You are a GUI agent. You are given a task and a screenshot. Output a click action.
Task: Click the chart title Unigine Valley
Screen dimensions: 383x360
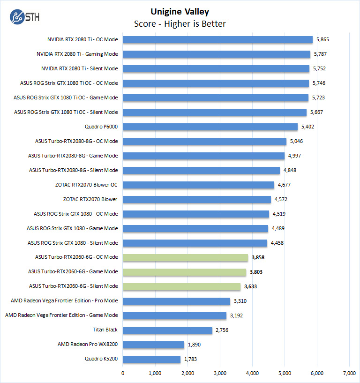coord(180,12)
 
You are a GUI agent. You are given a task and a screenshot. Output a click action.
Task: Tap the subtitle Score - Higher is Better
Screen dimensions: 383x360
coord(180,23)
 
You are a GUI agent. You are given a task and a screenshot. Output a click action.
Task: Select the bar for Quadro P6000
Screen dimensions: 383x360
coord(210,127)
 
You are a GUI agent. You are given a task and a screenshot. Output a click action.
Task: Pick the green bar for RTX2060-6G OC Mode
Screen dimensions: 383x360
coord(185,257)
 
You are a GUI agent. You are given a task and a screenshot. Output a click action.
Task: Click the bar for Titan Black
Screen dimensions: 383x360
coord(167,330)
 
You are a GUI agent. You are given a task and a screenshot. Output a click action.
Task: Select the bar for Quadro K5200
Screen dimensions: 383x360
coord(151,359)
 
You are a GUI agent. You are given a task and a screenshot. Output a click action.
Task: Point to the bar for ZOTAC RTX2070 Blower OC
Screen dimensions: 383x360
coord(198,185)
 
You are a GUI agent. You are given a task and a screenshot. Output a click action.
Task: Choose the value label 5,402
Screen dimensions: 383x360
coord(308,127)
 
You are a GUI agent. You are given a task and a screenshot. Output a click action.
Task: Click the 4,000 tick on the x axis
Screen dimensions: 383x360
coord(252,373)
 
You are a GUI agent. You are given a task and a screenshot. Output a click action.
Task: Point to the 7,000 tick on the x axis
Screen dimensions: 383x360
coord(349,373)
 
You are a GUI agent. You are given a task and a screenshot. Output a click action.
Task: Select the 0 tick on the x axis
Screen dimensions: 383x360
coord(123,373)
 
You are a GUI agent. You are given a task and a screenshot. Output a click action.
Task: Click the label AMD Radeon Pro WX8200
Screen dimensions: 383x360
coord(88,345)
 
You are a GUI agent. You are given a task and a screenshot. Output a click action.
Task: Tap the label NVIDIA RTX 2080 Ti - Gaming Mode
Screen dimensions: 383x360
coord(77,54)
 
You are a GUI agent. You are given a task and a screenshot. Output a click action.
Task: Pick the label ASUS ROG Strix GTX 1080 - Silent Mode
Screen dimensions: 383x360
coord(73,243)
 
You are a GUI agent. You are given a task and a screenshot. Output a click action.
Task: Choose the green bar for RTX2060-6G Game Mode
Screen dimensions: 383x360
coord(184,272)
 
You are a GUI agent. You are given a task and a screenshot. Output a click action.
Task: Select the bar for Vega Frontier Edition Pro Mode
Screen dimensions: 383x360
coord(176,301)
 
